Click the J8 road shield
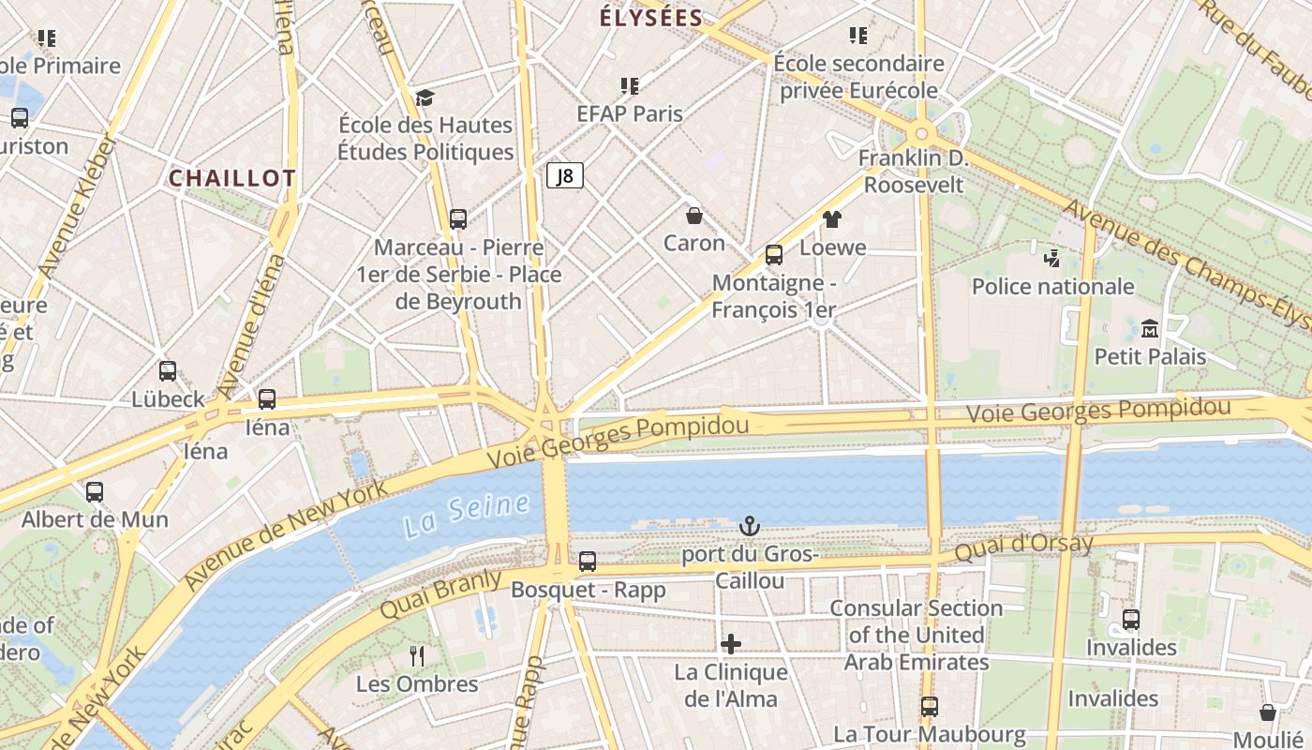(565, 175)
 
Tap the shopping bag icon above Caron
(694, 216)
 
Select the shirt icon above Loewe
(832, 220)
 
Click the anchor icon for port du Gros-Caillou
(750, 526)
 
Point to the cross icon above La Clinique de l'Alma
(731, 643)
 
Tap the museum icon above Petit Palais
(1150, 329)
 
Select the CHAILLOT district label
(232, 178)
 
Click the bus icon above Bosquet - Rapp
(588, 562)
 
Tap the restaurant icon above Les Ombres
(417, 655)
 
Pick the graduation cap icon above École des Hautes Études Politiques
(425, 97)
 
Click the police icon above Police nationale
(1052, 258)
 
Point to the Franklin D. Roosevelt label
(913, 171)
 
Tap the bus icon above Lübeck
(168, 371)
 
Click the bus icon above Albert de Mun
(95, 491)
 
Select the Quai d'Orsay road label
(1023, 547)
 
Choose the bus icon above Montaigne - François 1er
(774, 254)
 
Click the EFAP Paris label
(630, 113)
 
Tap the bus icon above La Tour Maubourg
(929, 706)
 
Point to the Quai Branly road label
(440, 594)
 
